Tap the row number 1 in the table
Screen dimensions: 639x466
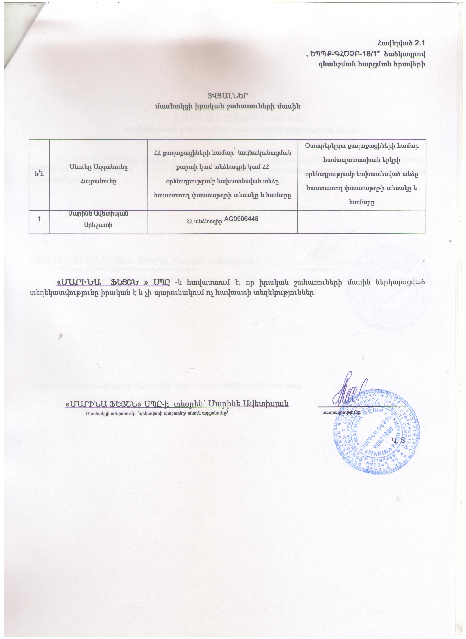point(39,219)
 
